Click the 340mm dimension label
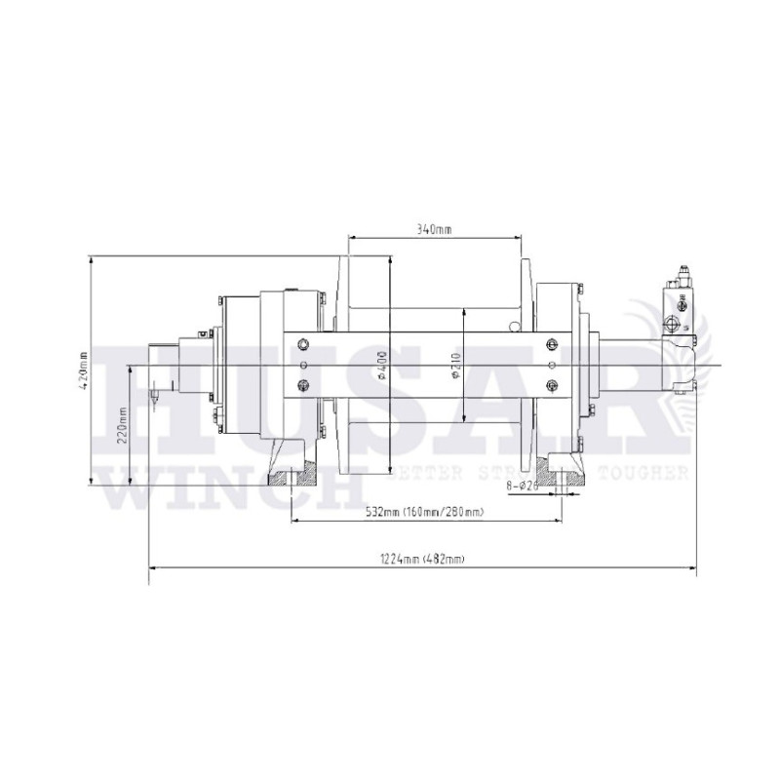pyautogui.click(x=434, y=230)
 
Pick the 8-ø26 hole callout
pyautogui.click(x=526, y=484)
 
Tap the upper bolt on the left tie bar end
pyautogui.click(x=302, y=343)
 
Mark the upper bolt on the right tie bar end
pyautogui.click(x=553, y=343)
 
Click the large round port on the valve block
pyautogui.click(x=672, y=323)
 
